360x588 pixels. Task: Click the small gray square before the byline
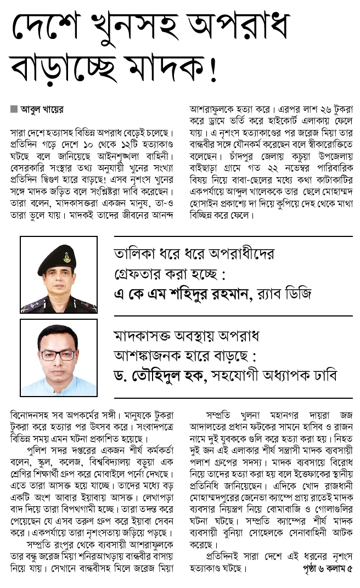[14, 109]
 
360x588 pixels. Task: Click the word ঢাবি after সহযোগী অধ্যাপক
[324, 374]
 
